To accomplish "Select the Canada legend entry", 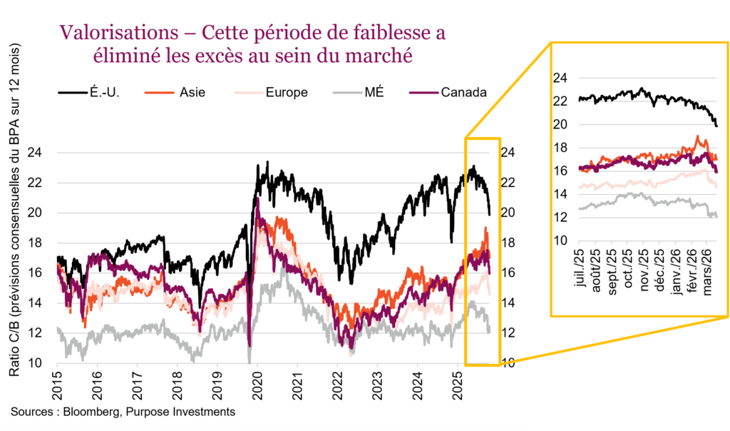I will (463, 92).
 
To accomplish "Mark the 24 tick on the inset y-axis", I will (562, 78).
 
